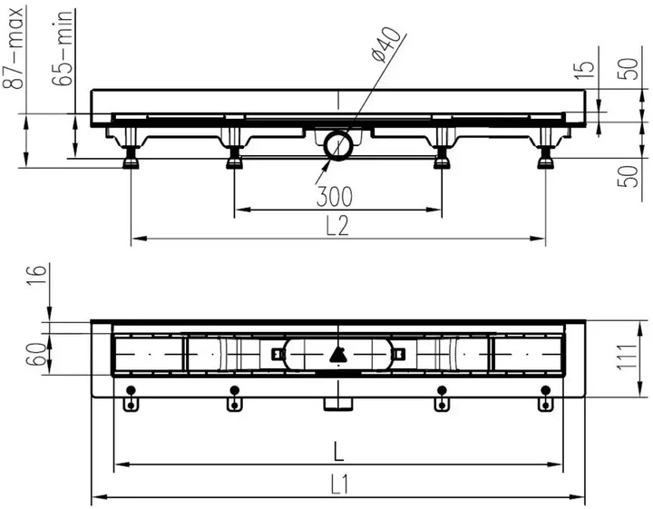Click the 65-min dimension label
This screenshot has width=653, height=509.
click(63, 48)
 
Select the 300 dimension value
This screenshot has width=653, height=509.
click(335, 197)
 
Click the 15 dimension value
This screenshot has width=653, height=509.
click(584, 70)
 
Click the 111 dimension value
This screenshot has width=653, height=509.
click(627, 357)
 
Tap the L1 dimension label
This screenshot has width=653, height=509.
click(340, 485)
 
